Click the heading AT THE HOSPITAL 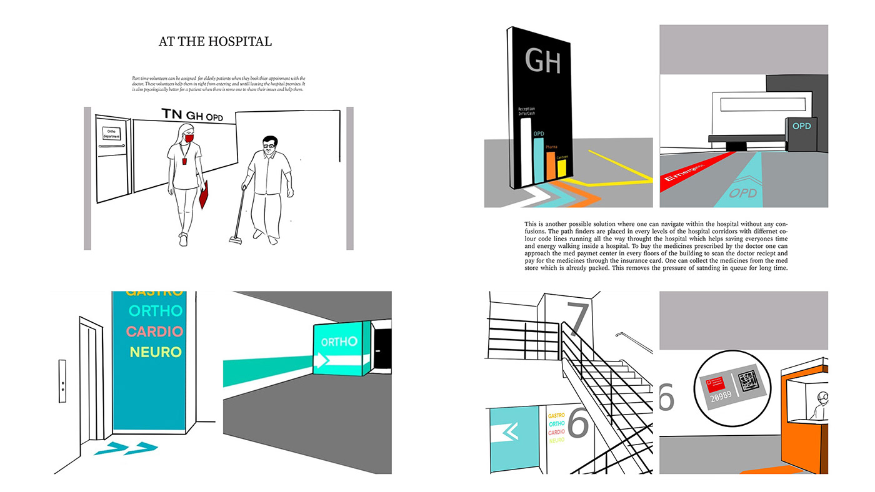click(x=215, y=42)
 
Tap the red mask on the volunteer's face click(x=189, y=138)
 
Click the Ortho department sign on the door click(x=111, y=133)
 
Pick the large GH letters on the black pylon click(x=542, y=62)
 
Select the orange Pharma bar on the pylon click(x=551, y=165)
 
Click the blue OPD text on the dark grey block click(x=801, y=126)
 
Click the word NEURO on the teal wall click(x=156, y=352)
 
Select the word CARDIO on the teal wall click(x=154, y=332)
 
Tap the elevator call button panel click(x=62, y=381)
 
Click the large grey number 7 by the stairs click(x=578, y=318)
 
